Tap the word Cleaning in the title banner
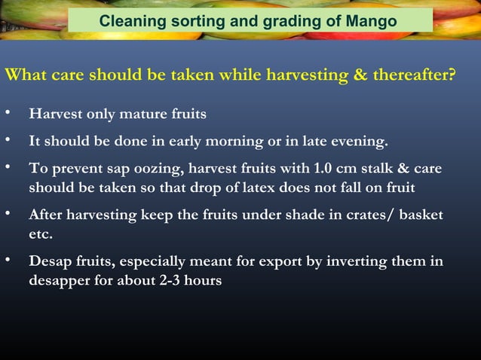pos(130,21)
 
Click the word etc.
pos(41,234)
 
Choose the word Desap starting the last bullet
pos(50,261)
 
